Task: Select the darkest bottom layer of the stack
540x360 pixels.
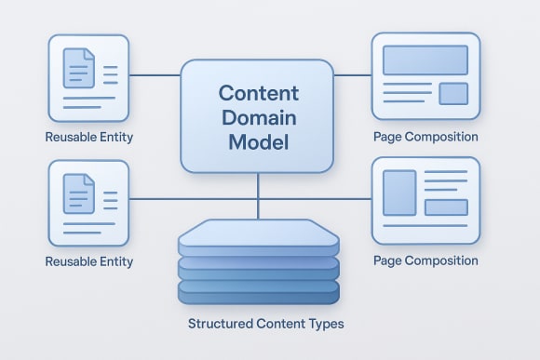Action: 257,292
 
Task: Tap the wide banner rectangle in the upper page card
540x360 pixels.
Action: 425,60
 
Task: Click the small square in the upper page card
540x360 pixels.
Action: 452,93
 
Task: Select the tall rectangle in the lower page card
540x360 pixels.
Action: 398,193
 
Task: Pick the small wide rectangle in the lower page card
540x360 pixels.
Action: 445,207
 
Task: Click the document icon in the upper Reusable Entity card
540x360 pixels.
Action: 78,68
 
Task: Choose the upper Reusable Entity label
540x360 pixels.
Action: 88,138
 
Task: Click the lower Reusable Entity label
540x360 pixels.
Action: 88,262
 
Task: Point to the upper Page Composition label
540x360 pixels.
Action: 425,137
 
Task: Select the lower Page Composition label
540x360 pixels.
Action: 425,260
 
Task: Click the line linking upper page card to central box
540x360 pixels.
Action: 352,75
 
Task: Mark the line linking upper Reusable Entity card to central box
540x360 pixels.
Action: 154,75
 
